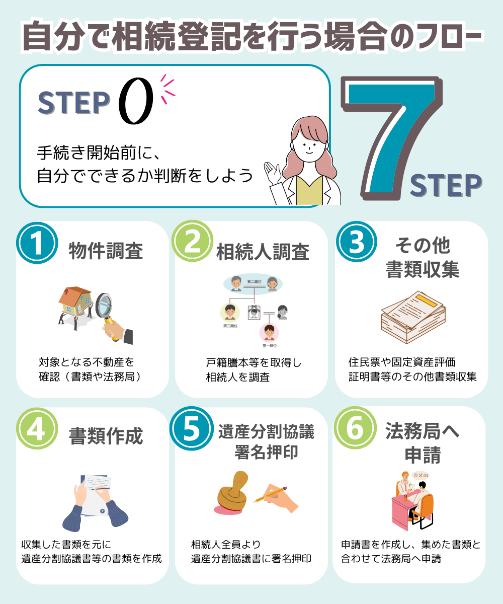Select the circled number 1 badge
36,243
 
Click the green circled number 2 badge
192,242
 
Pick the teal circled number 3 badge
356,243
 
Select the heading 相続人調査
263,252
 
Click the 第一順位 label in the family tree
270,346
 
